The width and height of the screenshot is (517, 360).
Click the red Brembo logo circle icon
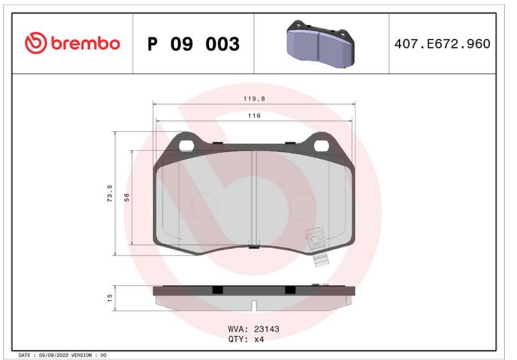pyautogui.click(x=36, y=43)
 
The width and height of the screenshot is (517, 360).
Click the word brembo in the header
pyautogui.click(x=85, y=43)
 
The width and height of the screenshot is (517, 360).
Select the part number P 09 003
pyautogui.click(x=193, y=44)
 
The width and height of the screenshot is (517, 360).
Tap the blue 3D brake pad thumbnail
pyautogui.click(x=321, y=44)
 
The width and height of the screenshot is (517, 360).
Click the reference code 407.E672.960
pyautogui.click(x=442, y=44)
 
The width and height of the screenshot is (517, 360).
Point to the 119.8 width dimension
pyautogui.click(x=254, y=99)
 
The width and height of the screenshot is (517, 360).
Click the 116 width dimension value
pyautogui.click(x=254, y=116)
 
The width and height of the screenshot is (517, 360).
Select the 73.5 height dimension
pyautogui.click(x=110, y=193)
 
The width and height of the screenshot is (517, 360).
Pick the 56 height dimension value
pyautogui.click(x=127, y=197)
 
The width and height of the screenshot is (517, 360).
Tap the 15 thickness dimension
pyautogui.click(x=110, y=298)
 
